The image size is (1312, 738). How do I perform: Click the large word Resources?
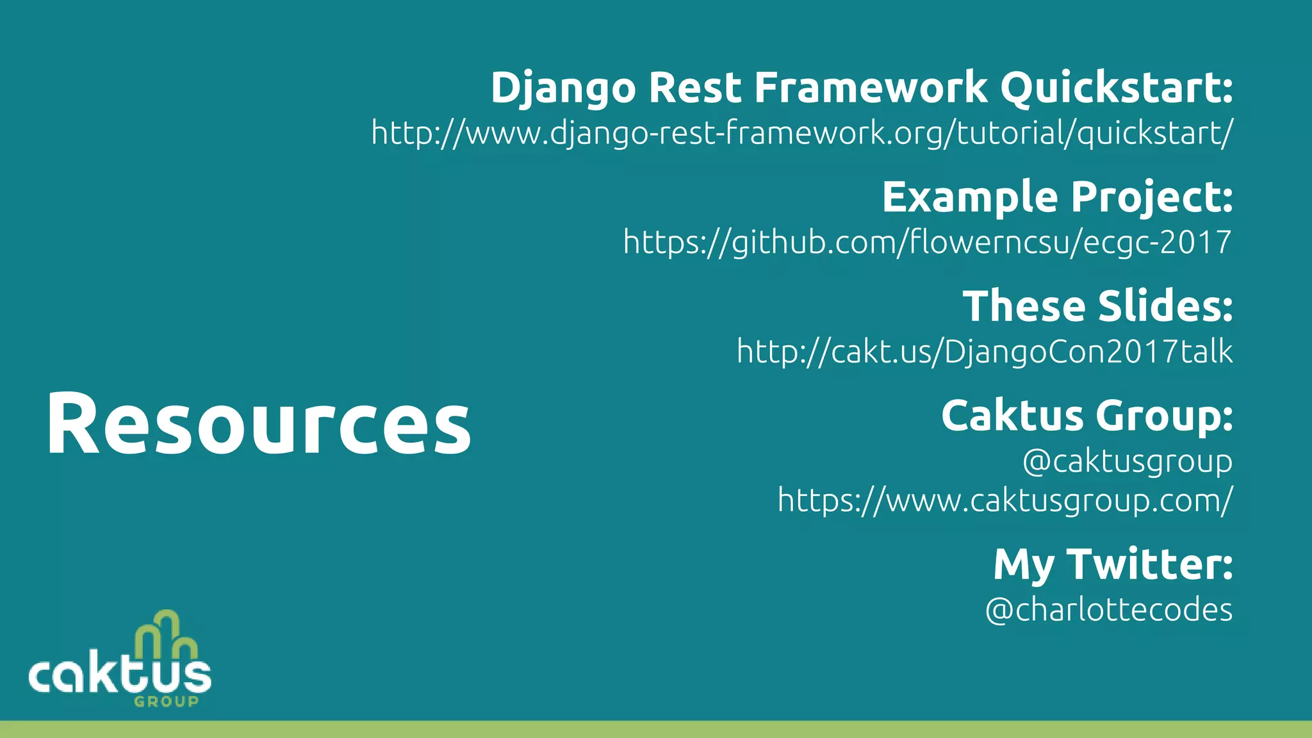[x=258, y=424]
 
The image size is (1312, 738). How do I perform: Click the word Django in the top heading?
[x=562, y=88]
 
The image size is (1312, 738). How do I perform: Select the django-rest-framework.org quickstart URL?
[x=801, y=133]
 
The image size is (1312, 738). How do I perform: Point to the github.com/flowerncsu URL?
[x=927, y=243]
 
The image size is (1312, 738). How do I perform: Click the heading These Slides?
[x=1097, y=306]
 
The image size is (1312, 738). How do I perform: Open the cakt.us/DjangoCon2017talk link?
[x=984, y=352]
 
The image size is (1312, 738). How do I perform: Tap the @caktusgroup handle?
[x=1127, y=461]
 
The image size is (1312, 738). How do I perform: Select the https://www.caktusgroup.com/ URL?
[x=1004, y=500]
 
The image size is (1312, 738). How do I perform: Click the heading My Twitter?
[x=1113, y=564]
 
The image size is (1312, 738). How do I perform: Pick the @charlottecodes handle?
[x=1108, y=610]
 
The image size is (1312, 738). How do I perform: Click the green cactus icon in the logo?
[x=166, y=634]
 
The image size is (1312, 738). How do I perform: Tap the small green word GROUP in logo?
[x=166, y=701]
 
